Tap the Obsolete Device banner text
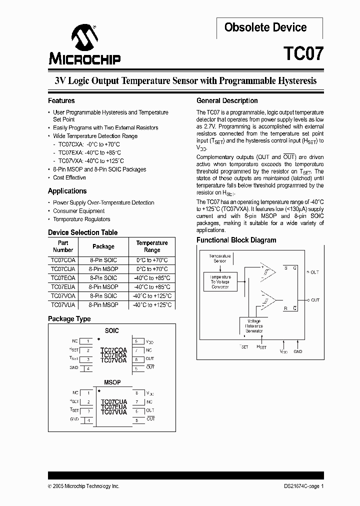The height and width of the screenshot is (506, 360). click(x=265, y=27)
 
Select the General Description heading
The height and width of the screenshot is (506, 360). click(x=227, y=100)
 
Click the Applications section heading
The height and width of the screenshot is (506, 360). click(x=67, y=191)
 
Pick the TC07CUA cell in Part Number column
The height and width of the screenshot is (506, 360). click(x=63, y=269)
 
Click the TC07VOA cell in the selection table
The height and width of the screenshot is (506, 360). click(x=63, y=295)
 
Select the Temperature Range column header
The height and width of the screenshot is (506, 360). click(x=152, y=246)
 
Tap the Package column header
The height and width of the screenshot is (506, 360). click(x=103, y=246)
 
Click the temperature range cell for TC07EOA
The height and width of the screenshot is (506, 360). click(x=152, y=278)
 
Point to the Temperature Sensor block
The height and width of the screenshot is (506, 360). click(x=220, y=258)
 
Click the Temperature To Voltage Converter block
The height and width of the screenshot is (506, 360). click(x=220, y=281)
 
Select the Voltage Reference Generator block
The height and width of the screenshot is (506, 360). click(x=254, y=325)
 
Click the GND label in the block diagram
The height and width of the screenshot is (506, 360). click(x=298, y=351)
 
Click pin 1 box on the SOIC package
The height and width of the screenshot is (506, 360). click(x=87, y=341)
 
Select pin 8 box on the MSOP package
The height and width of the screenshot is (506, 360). click(x=136, y=393)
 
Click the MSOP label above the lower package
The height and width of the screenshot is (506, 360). click(x=112, y=382)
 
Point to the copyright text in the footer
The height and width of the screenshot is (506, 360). click(x=83, y=486)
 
